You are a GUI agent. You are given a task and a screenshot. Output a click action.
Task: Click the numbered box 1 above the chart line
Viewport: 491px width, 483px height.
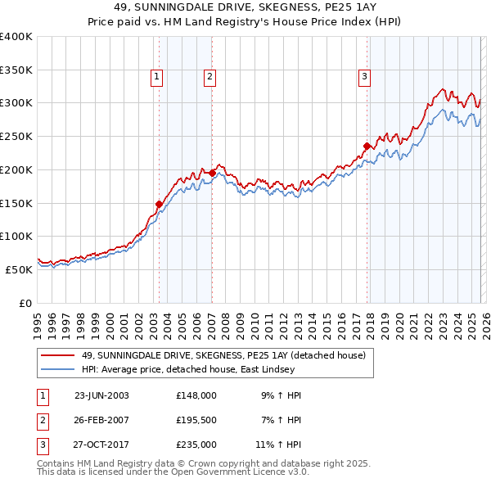pyautogui.click(x=156, y=77)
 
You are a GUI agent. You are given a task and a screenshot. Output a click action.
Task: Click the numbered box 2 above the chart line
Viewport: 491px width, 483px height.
pyautogui.click(x=209, y=77)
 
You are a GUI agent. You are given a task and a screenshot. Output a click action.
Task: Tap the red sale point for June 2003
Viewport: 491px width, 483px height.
pyautogui.click(x=159, y=204)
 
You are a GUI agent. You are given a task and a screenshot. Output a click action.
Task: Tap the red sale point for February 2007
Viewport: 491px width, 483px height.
pyautogui.click(x=212, y=173)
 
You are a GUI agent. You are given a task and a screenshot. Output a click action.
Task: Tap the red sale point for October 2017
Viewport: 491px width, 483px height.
pyautogui.click(x=367, y=147)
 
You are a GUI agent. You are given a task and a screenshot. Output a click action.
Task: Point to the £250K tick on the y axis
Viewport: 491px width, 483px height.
pyautogui.click(x=17, y=136)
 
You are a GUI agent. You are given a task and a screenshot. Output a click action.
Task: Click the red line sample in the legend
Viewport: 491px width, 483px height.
pyautogui.click(x=58, y=355)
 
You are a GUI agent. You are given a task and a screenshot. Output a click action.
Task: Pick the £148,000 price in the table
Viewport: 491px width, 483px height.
pyautogui.click(x=196, y=395)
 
